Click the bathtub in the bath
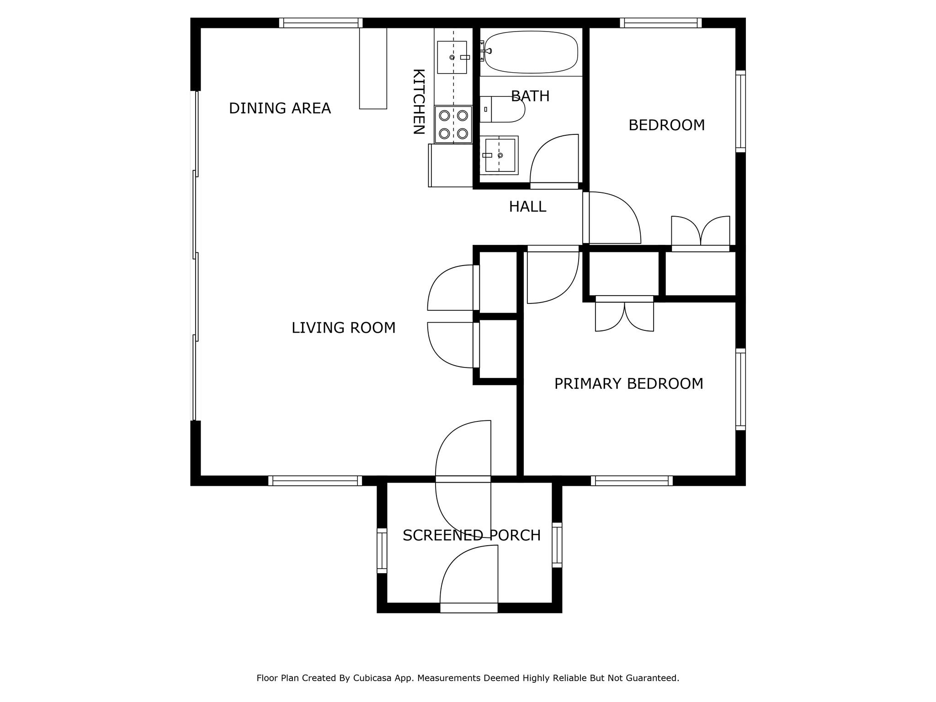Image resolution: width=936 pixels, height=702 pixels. [x=531, y=52]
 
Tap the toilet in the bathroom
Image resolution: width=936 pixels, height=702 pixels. [x=503, y=109]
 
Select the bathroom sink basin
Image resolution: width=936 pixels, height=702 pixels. [x=500, y=155]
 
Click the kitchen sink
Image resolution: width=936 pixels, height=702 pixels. [x=452, y=57]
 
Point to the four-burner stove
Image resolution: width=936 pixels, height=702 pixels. [x=453, y=124]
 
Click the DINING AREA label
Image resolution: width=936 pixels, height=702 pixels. [x=280, y=108]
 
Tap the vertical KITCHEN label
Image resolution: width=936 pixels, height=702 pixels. [x=419, y=101]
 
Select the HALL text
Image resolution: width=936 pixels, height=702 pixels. [x=527, y=207]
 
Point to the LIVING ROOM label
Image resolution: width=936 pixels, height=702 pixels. [x=343, y=328]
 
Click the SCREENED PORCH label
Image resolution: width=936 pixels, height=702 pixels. [x=471, y=535]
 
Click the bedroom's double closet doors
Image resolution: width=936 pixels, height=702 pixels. [x=700, y=232]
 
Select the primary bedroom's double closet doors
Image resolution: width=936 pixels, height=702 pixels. [x=624, y=315]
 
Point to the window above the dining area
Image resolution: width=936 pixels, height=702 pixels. [x=321, y=23]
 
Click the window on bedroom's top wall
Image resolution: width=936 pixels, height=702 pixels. [x=660, y=23]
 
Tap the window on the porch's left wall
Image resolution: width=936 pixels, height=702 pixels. [x=382, y=550]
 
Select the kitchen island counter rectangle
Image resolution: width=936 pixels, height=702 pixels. [x=373, y=68]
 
